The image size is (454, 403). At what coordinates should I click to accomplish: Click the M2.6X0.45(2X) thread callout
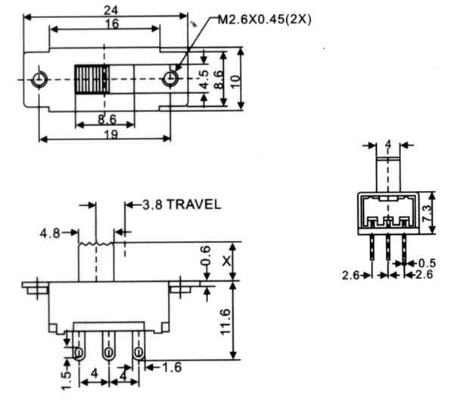pyautogui.click(x=264, y=20)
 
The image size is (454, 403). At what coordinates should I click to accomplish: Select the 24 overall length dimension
pyautogui.click(x=111, y=11)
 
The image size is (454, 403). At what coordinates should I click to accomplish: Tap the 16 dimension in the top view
pyautogui.click(x=112, y=23)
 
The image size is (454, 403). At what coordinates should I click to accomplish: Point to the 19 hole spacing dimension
pyautogui.click(x=111, y=135)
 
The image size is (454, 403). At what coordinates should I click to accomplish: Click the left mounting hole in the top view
pyautogui.click(x=39, y=79)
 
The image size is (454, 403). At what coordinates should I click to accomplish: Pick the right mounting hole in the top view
pyautogui.click(x=170, y=79)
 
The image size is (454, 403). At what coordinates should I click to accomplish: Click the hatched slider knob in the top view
pyautogui.click(x=92, y=79)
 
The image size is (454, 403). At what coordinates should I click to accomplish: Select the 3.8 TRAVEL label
pyautogui.click(x=182, y=205)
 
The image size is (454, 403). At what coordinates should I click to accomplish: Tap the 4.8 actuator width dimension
pyautogui.click(x=50, y=233)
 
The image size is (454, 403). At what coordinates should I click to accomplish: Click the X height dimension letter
pyautogui.click(x=226, y=261)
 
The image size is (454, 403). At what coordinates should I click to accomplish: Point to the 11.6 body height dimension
pyautogui.click(x=225, y=322)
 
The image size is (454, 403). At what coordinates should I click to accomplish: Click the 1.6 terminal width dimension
pyautogui.click(x=172, y=367)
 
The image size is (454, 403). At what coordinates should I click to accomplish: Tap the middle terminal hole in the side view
pyautogui.click(x=108, y=353)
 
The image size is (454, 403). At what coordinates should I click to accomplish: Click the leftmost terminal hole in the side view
pyautogui.click(x=78, y=353)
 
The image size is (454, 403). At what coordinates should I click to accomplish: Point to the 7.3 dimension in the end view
pyautogui.click(x=426, y=214)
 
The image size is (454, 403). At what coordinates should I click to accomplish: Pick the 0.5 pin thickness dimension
pyautogui.click(x=427, y=264)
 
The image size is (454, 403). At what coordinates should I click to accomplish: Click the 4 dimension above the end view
pyautogui.click(x=388, y=145)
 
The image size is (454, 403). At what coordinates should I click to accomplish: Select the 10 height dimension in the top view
pyautogui.click(x=236, y=82)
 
